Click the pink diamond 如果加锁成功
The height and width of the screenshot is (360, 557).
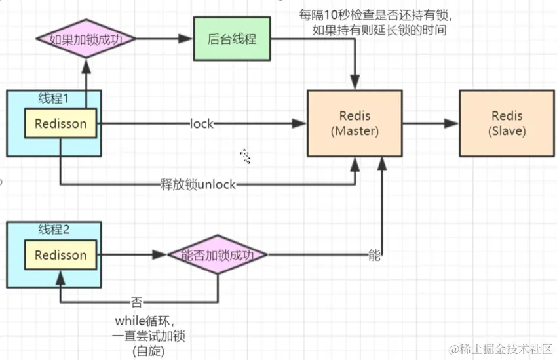(x=85, y=39)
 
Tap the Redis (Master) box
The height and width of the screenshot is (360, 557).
(x=355, y=123)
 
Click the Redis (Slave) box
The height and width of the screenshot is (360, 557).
(x=507, y=123)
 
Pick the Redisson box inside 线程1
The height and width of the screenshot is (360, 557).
(x=60, y=123)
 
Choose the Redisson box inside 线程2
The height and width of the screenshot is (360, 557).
(x=60, y=255)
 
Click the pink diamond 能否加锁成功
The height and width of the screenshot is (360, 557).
(x=218, y=255)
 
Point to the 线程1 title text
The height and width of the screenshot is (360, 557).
(x=54, y=99)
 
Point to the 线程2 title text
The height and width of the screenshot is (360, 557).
(x=54, y=230)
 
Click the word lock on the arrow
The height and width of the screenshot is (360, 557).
(x=202, y=123)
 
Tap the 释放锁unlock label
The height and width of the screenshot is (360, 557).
(x=198, y=184)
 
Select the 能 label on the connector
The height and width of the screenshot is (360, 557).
(x=374, y=255)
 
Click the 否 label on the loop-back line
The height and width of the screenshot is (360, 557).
(x=137, y=303)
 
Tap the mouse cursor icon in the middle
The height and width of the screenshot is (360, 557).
(x=246, y=156)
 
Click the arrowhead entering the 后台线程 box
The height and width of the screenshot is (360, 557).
(x=187, y=39)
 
